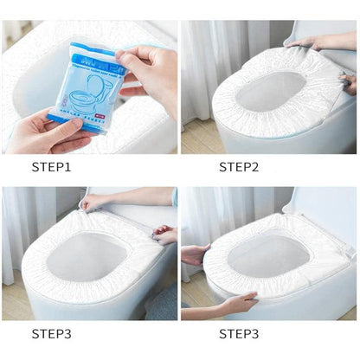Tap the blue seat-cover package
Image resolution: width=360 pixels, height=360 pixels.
(83, 83)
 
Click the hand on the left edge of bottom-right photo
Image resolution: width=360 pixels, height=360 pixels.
(194, 254)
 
